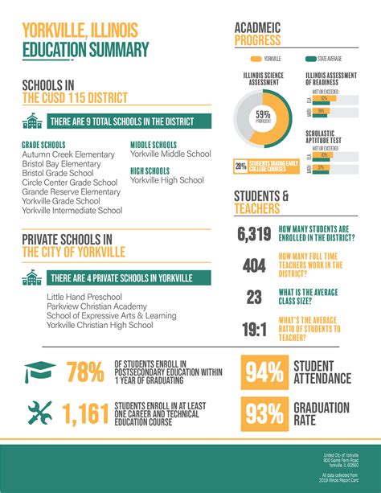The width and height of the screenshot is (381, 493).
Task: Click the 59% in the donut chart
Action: tap(263, 115)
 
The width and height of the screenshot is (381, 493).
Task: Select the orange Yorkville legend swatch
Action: tap(256, 59)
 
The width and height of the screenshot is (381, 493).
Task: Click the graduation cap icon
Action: tap(39, 372)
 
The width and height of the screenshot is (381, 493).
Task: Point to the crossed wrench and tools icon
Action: tap(39, 413)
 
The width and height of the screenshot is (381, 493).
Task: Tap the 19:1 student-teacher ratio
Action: tap(254, 329)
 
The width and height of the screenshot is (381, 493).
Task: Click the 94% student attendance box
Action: tap(264, 372)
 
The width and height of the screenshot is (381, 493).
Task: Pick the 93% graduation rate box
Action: tap(264, 413)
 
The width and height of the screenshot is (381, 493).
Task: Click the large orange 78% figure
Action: tap(85, 372)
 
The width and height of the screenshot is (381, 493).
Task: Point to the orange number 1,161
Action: tap(85, 413)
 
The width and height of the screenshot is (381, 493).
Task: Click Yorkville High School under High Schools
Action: tap(167, 180)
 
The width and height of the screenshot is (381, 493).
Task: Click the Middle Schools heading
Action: tap(154, 144)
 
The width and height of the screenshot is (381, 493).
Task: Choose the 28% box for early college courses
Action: tap(240, 166)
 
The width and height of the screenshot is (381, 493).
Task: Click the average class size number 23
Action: tap(254, 298)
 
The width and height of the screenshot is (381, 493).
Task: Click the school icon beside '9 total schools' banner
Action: tap(33, 121)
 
